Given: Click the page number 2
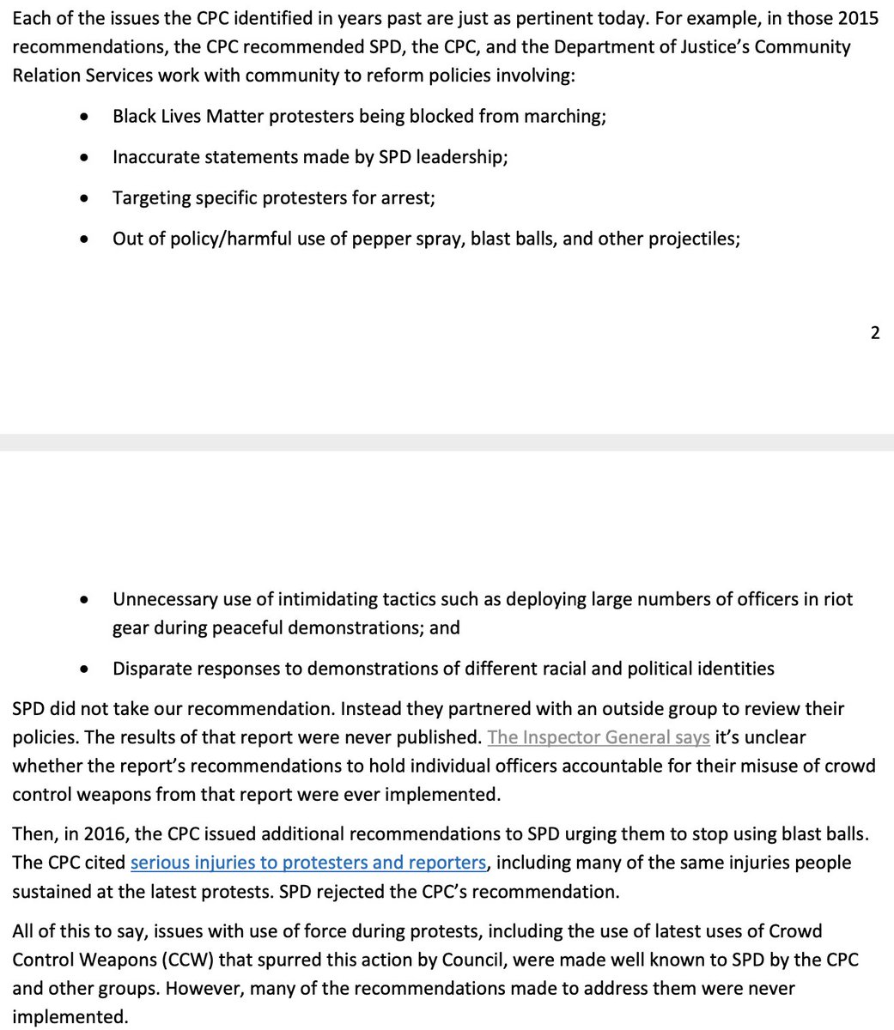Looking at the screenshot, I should (874, 333).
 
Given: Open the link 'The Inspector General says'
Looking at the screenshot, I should (599, 737).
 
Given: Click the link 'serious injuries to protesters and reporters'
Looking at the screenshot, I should (307, 863).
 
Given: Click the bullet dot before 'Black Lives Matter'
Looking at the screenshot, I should (83, 117).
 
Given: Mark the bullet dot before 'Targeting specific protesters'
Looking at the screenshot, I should (83, 198).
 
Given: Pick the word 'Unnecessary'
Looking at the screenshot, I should (166, 599).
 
